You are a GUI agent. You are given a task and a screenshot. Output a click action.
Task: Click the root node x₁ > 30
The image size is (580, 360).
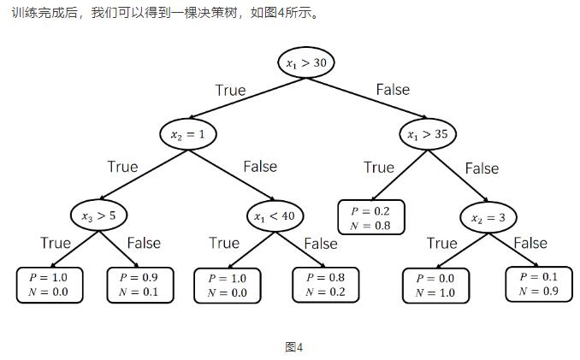tap(305, 62)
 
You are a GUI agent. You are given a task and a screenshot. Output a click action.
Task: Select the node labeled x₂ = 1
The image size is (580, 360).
tap(188, 133)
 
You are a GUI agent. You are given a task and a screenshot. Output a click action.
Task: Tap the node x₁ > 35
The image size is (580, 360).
tap(428, 133)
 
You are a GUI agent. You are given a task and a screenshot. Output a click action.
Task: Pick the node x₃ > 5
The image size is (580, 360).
tap(99, 216)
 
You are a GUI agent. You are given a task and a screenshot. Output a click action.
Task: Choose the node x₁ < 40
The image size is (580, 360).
tap(274, 216)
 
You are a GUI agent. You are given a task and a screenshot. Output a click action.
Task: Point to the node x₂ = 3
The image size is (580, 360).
tap(488, 218)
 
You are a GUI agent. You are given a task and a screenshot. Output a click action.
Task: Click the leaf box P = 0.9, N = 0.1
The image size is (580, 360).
tap(139, 285)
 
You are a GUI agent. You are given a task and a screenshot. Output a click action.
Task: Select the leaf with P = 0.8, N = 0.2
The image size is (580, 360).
tap(325, 285)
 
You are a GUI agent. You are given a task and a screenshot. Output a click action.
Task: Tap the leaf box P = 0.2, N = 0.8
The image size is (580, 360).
tap(371, 218)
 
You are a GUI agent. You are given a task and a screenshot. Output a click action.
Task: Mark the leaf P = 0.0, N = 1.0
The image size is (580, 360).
tap(435, 286)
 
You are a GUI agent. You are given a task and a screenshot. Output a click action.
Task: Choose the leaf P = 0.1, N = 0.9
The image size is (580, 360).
tap(538, 284)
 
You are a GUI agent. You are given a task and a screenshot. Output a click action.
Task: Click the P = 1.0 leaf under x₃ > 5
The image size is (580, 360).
tap(49, 285)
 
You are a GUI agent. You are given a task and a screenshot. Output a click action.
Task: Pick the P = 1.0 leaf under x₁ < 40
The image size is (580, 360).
tap(227, 285)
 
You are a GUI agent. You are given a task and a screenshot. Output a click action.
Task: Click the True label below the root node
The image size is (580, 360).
tap(230, 90)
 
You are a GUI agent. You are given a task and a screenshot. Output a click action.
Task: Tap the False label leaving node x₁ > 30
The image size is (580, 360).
tap(393, 89)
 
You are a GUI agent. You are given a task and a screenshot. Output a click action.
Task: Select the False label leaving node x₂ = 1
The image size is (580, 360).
tap(260, 166)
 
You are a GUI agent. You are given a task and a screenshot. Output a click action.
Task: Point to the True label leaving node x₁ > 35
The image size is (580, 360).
tap(379, 167)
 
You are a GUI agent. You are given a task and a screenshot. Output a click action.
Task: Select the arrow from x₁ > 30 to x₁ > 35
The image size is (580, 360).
tap(368, 98)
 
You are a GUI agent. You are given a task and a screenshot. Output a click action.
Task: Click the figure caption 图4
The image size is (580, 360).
tap(294, 346)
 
